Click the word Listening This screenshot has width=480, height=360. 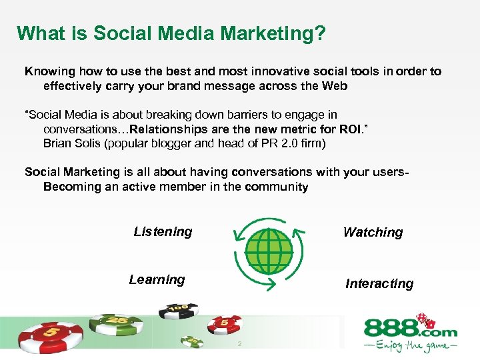[x=163, y=232]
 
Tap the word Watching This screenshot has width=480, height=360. [x=373, y=233]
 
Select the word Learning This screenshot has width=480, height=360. [x=157, y=280]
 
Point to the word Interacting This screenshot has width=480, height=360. [x=379, y=284]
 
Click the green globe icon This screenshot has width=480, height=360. [x=269, y=251]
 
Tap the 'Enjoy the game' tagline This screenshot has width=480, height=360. [x=410, y=346]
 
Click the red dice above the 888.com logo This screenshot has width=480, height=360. [x=423, y=319]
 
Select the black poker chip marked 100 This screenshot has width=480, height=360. [x=178, y=310]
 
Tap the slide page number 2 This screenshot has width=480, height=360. [x=239, y=345]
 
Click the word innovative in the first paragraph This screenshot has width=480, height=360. [x=251, y=71]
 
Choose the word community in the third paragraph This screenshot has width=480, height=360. [x=276, y=187]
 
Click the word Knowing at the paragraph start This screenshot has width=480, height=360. [x=49, y=71]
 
